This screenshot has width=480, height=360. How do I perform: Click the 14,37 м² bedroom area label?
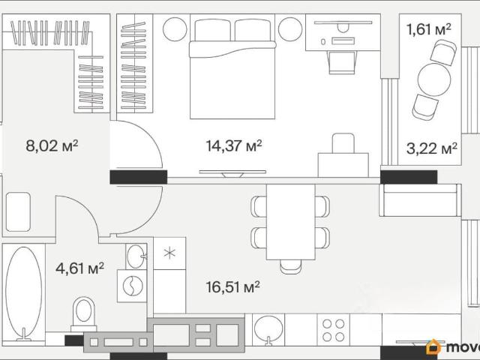[234, 145]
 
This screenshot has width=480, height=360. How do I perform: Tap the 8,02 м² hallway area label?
[52, 145]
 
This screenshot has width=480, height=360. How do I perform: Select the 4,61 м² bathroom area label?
[80, 268]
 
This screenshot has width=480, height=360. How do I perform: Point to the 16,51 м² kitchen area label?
[233, 287]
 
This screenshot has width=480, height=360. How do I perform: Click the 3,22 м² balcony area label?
[432, 148]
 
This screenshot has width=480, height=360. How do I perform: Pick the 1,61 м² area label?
[428, 30]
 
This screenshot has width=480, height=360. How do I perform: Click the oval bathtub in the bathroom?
[23, 293]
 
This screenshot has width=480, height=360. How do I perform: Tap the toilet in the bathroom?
[83, 313]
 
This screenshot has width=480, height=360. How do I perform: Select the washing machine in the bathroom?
[132, 286]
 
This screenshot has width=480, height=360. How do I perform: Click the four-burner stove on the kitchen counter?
[333, 330]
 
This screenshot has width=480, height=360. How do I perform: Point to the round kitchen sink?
[268, 329]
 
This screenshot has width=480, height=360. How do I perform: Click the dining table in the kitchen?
[291, 222]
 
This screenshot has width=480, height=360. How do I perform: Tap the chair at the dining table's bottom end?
[291, 267]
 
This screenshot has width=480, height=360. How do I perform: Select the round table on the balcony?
[434, 79]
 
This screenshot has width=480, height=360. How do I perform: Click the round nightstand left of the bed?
[175, 29]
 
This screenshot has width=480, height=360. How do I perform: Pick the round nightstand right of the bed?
[290, 29]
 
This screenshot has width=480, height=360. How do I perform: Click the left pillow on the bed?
[212, 30]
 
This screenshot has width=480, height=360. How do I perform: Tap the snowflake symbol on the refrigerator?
[169, 253]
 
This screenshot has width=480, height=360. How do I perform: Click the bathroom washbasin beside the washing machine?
[136, 256]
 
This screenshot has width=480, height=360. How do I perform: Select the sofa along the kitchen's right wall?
[420, 200]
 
